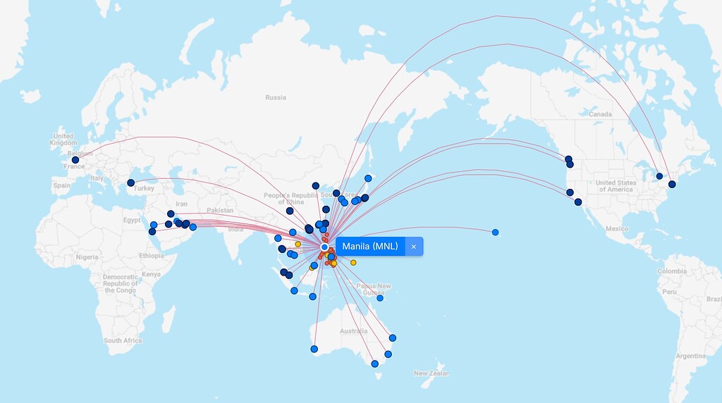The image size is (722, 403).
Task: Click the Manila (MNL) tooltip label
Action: point(370,247)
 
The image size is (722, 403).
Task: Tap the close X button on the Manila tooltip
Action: point(414,247)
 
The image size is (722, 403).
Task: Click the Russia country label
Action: point(276,97)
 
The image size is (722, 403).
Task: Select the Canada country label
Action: point(600,114)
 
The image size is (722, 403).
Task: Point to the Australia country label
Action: point(353,331)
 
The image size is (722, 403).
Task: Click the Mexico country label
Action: point(616,228)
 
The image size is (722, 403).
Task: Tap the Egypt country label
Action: point(132,221)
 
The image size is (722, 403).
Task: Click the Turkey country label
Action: point(144,188)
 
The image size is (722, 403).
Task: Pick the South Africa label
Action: point(123,340)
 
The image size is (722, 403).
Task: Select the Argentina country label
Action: point(690,356)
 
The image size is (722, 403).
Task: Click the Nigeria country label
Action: point(88,257)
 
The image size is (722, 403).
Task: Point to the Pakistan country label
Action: point(220,211)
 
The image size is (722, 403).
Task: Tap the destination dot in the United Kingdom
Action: point(75,160)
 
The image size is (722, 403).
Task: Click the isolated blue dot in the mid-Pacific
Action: point(496,232)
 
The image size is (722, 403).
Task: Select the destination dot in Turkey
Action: point(130,183)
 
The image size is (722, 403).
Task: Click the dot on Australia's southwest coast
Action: point(314,349)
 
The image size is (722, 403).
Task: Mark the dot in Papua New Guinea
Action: point(379,298)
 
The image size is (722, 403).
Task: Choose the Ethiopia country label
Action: point(151,256)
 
